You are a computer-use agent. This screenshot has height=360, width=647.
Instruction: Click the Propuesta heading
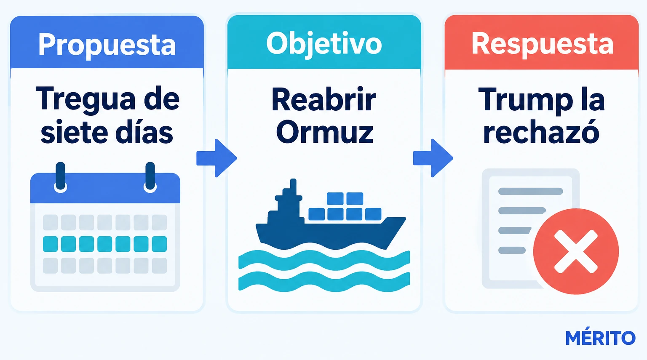(x=107, y=45)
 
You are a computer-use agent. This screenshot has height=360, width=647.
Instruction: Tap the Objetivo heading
(x=324, y=44)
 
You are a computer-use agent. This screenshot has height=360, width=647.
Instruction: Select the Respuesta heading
(x=542, y=45)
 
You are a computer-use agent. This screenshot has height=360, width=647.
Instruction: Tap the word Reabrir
(x=324, y=99)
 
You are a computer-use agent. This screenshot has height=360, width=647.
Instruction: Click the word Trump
(x=525, y=101)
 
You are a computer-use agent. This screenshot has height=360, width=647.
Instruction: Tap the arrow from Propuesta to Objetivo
(x=217, y=158)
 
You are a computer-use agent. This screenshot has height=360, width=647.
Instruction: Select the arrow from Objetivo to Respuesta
(x=433, y=158)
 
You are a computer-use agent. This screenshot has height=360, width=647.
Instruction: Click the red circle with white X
(x=576, y=251)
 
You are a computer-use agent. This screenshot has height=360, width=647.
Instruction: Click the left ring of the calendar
(x=60, y=177)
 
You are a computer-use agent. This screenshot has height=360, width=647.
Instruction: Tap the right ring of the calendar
(x=150, y=177)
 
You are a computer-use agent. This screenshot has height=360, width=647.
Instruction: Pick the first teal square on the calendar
(x=50, y=244)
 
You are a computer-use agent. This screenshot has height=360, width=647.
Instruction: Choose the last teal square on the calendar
(x=160, y=244)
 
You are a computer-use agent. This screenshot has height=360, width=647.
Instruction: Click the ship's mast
(x=293, y=187)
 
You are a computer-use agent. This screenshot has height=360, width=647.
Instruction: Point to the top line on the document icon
(x=531, y=191)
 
